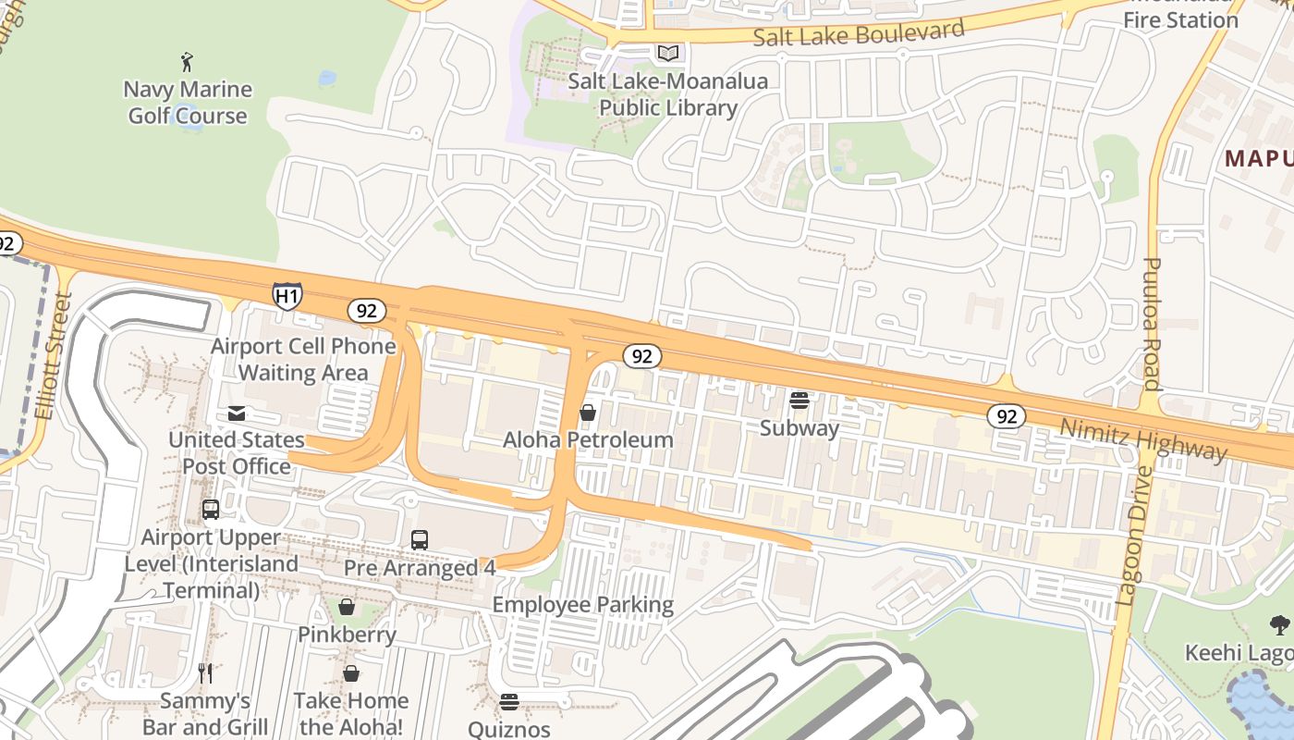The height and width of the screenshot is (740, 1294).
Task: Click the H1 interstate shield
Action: click(x=287, y=295)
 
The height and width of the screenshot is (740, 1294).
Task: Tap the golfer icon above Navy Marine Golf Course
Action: click(x=188, y=62)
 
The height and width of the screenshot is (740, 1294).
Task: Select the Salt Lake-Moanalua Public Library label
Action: click(x=667, y=94)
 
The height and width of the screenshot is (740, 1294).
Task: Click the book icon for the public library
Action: click(x=667, y=54)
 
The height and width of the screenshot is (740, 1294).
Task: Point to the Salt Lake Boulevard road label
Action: click(x=859, y=33)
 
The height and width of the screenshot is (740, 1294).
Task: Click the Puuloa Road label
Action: click(x=1151, y=324)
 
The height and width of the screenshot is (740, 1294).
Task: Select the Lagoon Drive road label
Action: click(x=1134, y=536)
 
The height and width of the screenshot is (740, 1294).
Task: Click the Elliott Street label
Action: click(x=54, y=356)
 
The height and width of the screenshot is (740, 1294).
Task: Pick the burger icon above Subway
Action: click(x=800, y=401)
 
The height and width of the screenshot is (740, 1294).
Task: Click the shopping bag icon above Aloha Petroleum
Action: click(x=587, y=413)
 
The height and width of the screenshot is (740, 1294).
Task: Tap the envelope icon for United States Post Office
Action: click(x=237, y=413)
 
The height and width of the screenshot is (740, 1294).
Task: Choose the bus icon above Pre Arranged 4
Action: click(x=419, y=540)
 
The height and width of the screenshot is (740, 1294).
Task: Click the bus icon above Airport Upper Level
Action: click(x=211, y=510)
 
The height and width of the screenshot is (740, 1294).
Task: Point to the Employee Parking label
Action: click(x=582, y=605)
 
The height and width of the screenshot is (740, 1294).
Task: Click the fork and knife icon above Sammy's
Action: click(x=205, y=672)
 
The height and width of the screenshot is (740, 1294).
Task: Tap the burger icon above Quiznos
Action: click(x=508, y=702)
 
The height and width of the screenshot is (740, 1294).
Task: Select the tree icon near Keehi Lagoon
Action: click(x=1279, y=625)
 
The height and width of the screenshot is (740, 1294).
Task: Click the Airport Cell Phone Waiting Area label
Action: click(x=303, y=359)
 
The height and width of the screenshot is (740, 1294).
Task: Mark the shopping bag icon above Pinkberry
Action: click(x=347, y=607)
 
